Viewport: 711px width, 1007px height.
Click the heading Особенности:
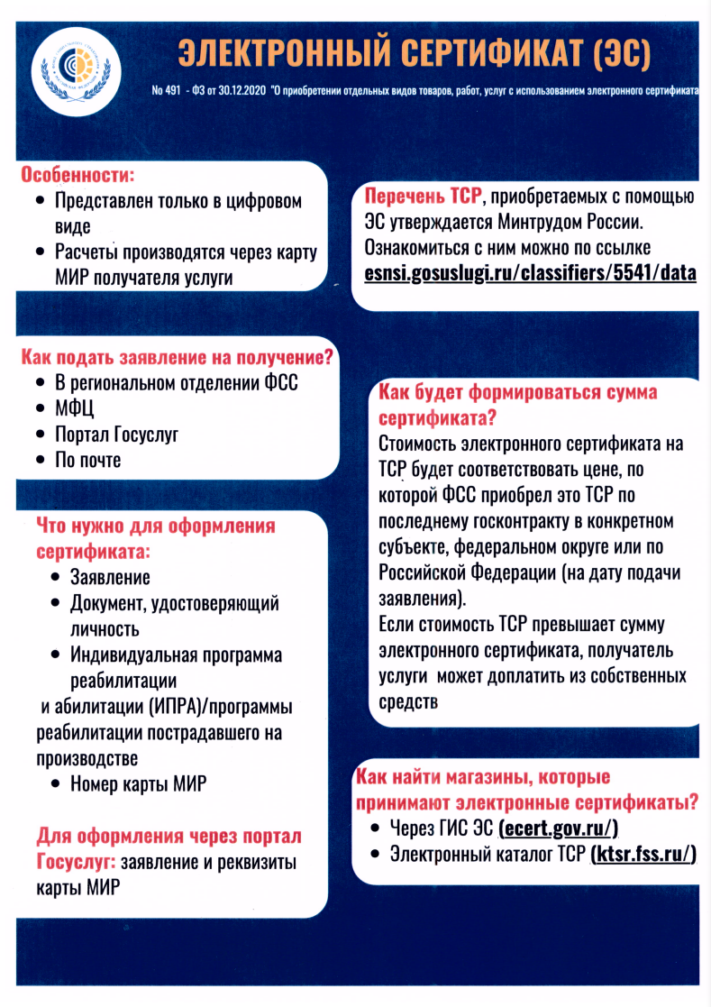tap(77, 173)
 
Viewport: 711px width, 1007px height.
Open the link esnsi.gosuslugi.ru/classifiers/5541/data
tap(531, 271)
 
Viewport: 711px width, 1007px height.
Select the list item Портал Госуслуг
tap(117, 435)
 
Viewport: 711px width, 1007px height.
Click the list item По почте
tap(88, 460)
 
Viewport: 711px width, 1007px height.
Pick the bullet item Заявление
tap(110, 577)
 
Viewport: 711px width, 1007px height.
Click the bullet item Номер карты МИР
tap(138, 783)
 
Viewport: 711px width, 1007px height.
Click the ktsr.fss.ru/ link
tap(644, 854)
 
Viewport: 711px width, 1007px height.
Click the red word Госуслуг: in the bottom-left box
tap(77, 861)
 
